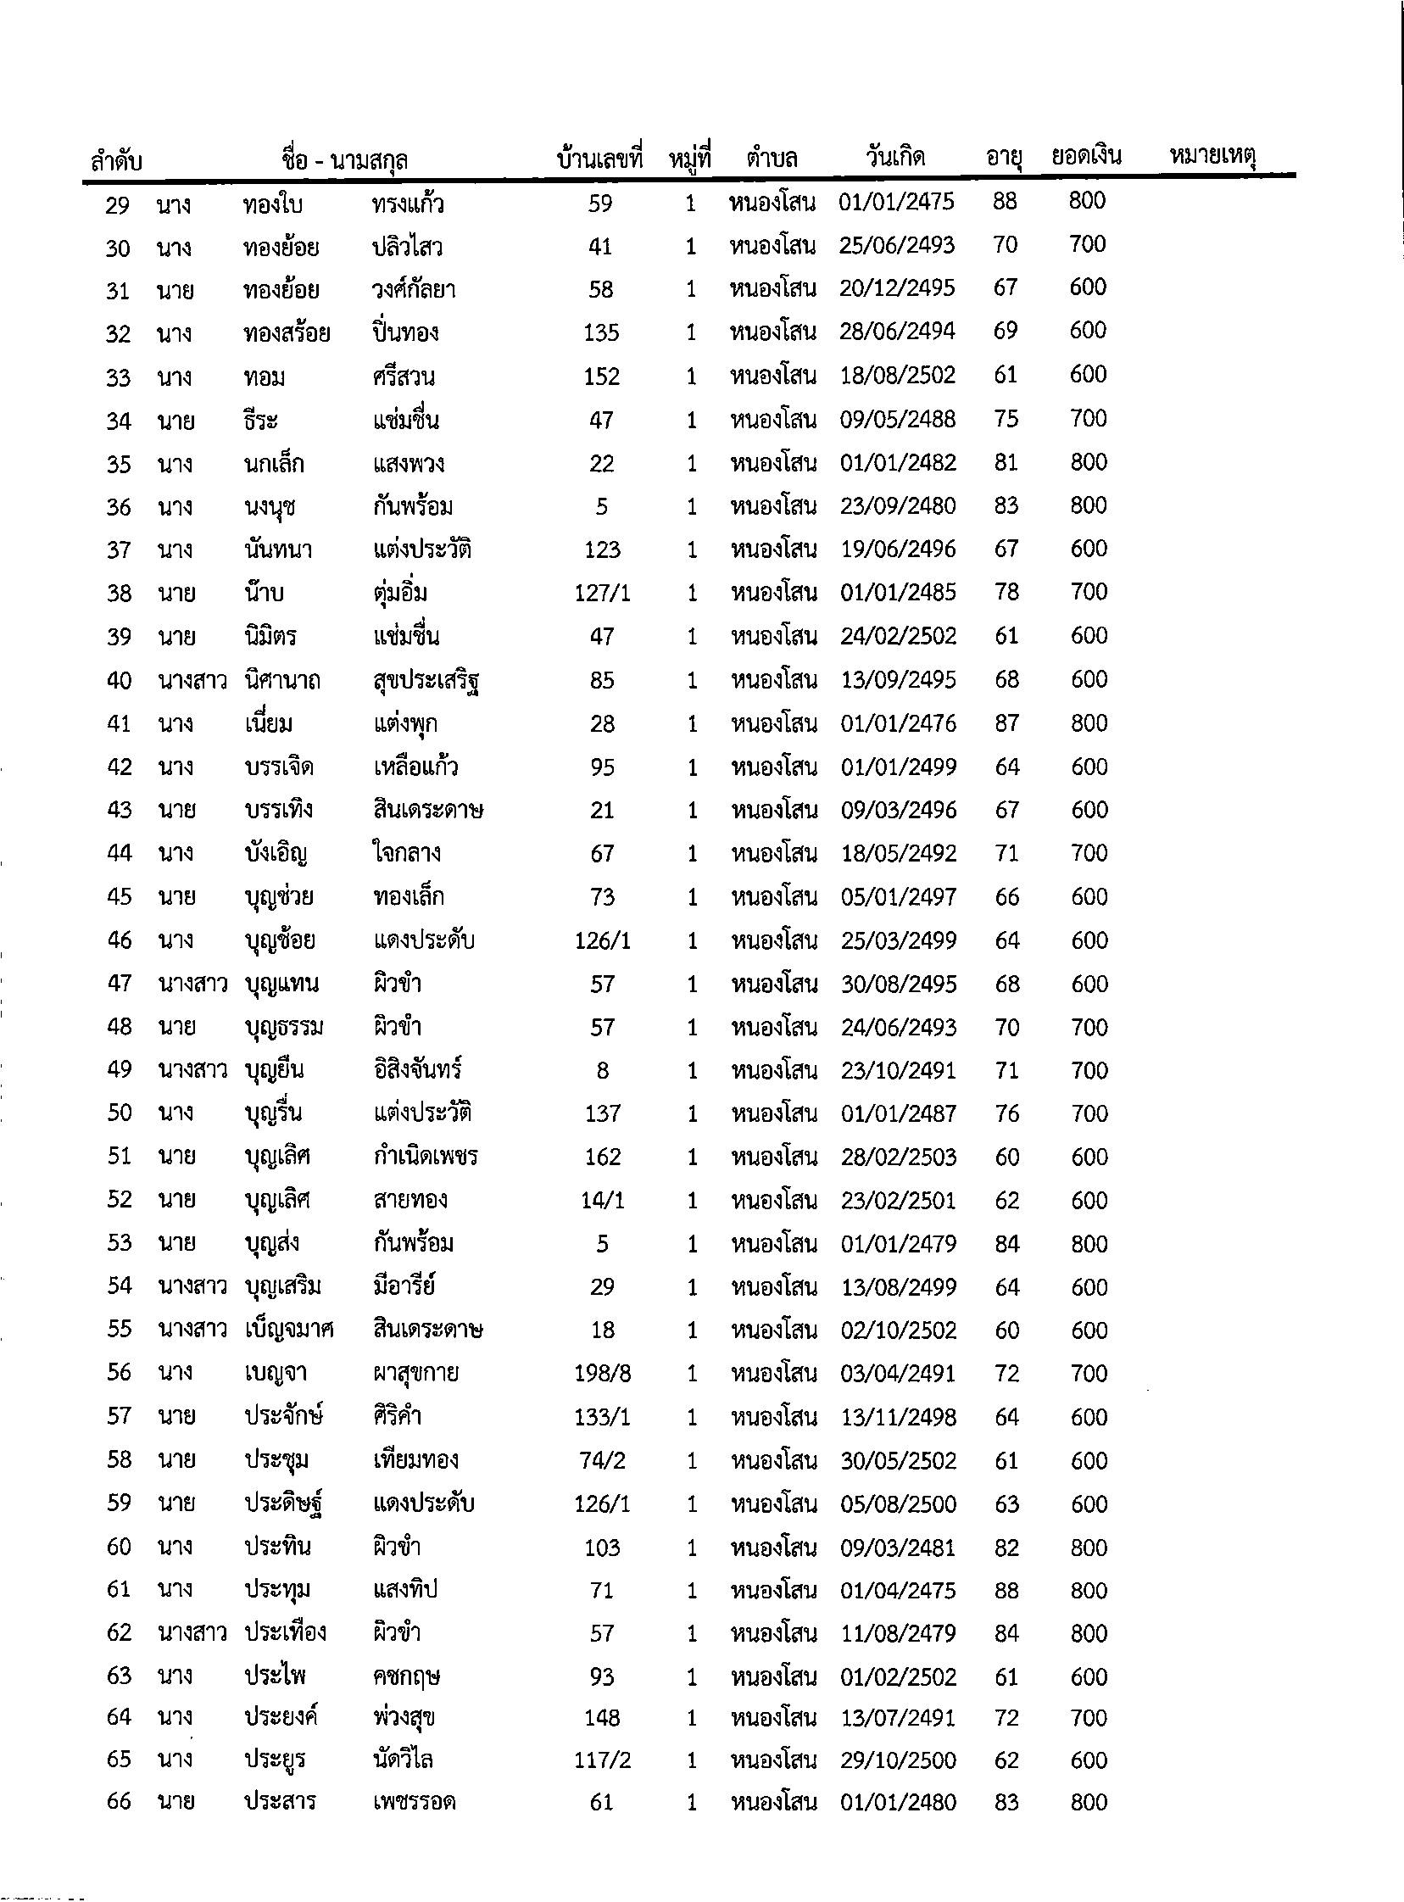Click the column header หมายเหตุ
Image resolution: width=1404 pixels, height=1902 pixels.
coord(1212,156)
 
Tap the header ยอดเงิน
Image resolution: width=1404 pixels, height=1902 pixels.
coord(1086,156)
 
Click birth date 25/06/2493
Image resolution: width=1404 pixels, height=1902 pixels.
coord(897,246)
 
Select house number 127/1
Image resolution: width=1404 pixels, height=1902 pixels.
coord(603,593)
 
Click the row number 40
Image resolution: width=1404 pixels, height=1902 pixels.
coord(119,681)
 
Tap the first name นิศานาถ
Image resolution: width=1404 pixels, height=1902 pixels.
coord(281,681)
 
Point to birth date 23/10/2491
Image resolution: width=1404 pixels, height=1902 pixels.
coord(899,1071)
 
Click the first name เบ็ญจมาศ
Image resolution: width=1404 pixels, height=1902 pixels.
coord(289,1330)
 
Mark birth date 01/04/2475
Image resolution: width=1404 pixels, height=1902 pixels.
coord(899,1590)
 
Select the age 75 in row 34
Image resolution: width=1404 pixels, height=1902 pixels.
coord(1006,419)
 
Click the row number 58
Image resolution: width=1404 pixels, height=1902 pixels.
coord(119,1460)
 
